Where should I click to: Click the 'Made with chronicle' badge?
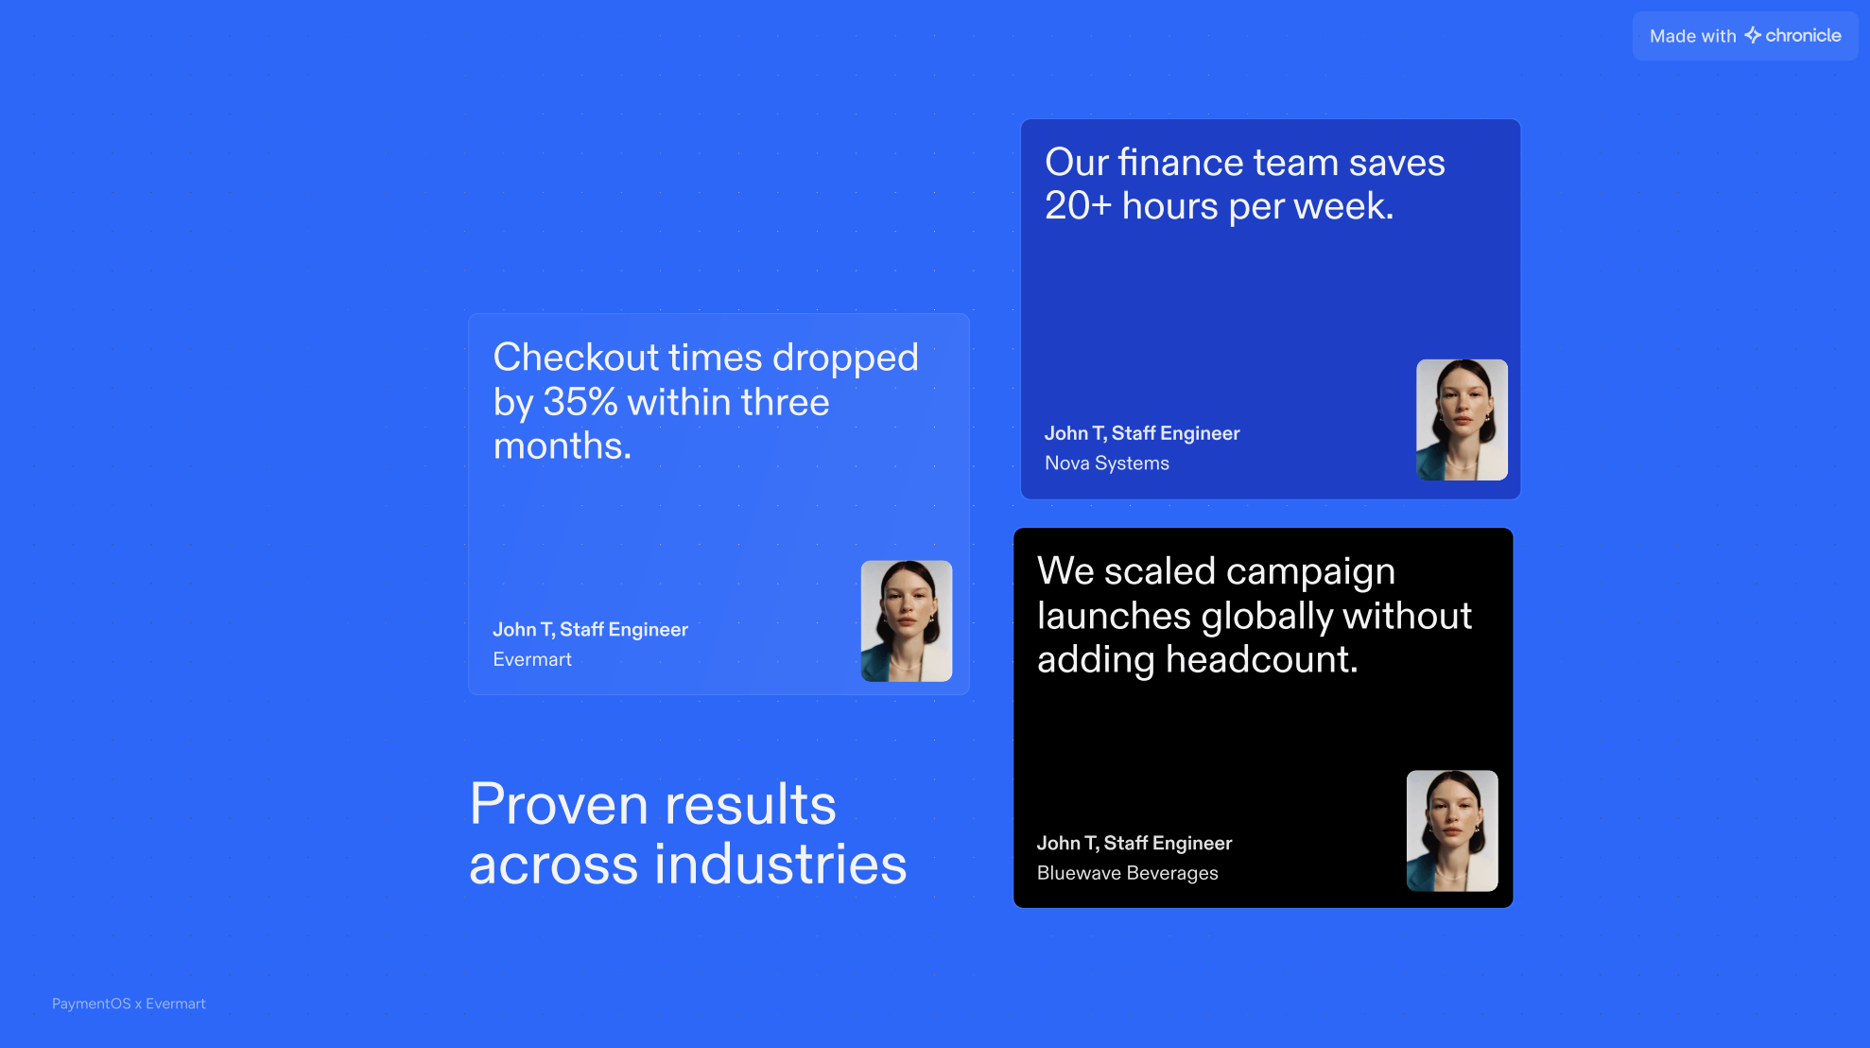[x=1744, y=36]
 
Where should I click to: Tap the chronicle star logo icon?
[x=1753, y=35]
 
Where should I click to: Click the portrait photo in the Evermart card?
[x=906, y=620]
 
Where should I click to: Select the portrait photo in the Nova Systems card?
[x=1462, y=419]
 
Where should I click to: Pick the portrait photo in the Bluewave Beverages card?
[x=1452, y=830]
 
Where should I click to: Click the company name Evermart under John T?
[x=532, y=659]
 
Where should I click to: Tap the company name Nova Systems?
[x=1107, y=463]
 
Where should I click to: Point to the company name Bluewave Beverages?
[x=1128, y=873]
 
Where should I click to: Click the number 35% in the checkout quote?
[x=580, y=402]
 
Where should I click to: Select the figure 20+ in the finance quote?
[x=1078, y=206]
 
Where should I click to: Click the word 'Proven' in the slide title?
[x=560, y=805]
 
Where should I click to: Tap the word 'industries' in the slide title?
[x=781, y=865]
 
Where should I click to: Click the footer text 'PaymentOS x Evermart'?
[x=129, y=1004]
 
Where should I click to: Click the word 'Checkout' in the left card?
[x=576, y=358]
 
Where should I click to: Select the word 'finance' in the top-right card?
[x=1181, y=163]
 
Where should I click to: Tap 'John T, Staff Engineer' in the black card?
[x=1134, y=843]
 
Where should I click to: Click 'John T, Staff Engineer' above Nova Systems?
[x=1142, y=433]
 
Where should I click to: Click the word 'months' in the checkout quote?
[x=558, y=445]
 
